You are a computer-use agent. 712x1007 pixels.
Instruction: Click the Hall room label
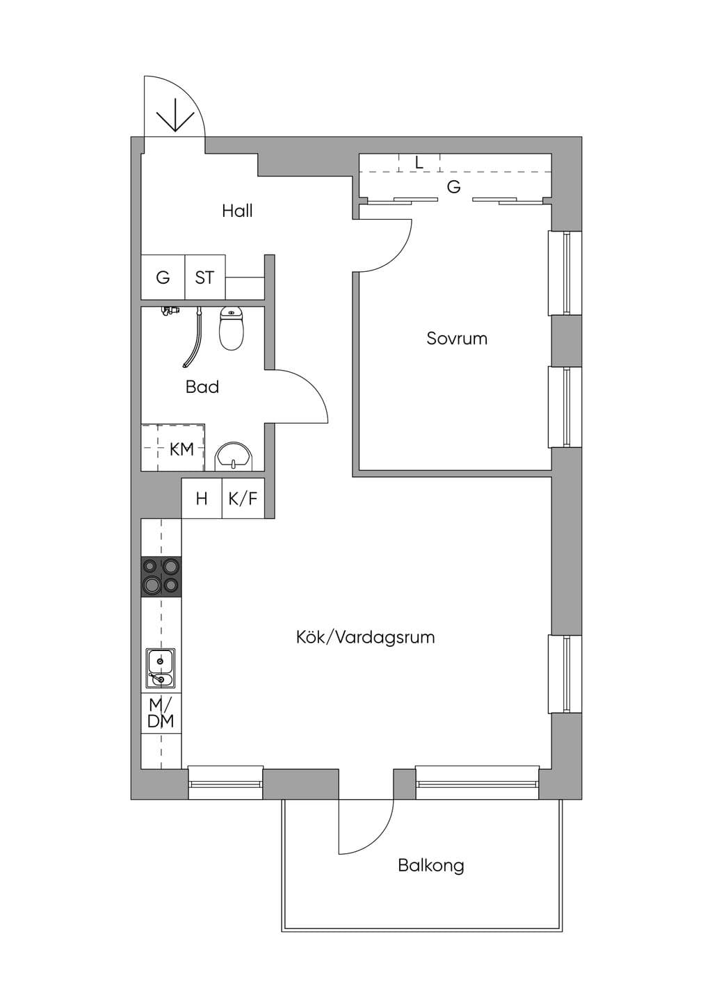coord(237,211)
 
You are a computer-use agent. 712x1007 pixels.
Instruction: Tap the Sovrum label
coord(457,339)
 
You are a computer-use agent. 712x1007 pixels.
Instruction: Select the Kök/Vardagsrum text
coord(366,637)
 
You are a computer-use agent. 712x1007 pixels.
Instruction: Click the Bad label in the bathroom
coord(202,387)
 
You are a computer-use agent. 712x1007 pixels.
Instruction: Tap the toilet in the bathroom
coord(232,329)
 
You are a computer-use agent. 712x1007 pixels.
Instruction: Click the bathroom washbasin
coord(234,457)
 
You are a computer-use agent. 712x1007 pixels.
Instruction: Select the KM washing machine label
coord(181,449)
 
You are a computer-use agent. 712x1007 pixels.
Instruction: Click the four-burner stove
coord(161,577)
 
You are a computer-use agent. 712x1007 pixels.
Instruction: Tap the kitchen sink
coord(161,668)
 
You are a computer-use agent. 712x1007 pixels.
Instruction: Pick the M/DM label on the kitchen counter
coord(161,714)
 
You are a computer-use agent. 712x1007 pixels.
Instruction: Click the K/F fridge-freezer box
coord(243,498)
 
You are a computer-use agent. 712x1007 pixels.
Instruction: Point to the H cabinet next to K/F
coord(202,498)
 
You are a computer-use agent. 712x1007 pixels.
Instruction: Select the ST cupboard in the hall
coord(205,277)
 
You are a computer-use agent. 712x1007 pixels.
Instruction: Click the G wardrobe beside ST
coord(163,277)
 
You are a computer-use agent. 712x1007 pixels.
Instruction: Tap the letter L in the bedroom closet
coord(419,162)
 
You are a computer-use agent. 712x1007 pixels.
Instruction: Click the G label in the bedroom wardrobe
coord(453,186)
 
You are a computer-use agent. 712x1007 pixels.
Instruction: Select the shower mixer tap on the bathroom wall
coord(170,311)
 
